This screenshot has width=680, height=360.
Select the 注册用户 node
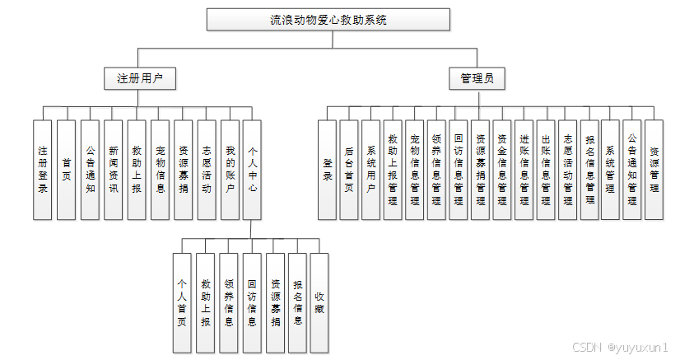(140, 79)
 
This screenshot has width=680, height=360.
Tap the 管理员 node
(477, 79)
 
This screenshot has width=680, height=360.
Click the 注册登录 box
(43, 170)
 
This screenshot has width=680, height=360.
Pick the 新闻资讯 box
(113, 170)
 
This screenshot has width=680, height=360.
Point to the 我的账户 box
(230, 170)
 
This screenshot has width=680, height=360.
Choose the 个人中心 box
(253, 170)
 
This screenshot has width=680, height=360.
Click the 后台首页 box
(349, 170)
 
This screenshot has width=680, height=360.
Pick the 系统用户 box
(370, 170)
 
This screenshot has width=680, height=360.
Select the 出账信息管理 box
(545, 170)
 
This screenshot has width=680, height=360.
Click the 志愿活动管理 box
(567, 170)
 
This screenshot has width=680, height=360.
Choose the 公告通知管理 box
(632, 170)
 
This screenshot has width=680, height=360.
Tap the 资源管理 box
(654, 170)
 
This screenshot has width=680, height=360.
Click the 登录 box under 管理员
(327, 170)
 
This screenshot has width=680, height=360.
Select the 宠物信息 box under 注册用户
(160, 170)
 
